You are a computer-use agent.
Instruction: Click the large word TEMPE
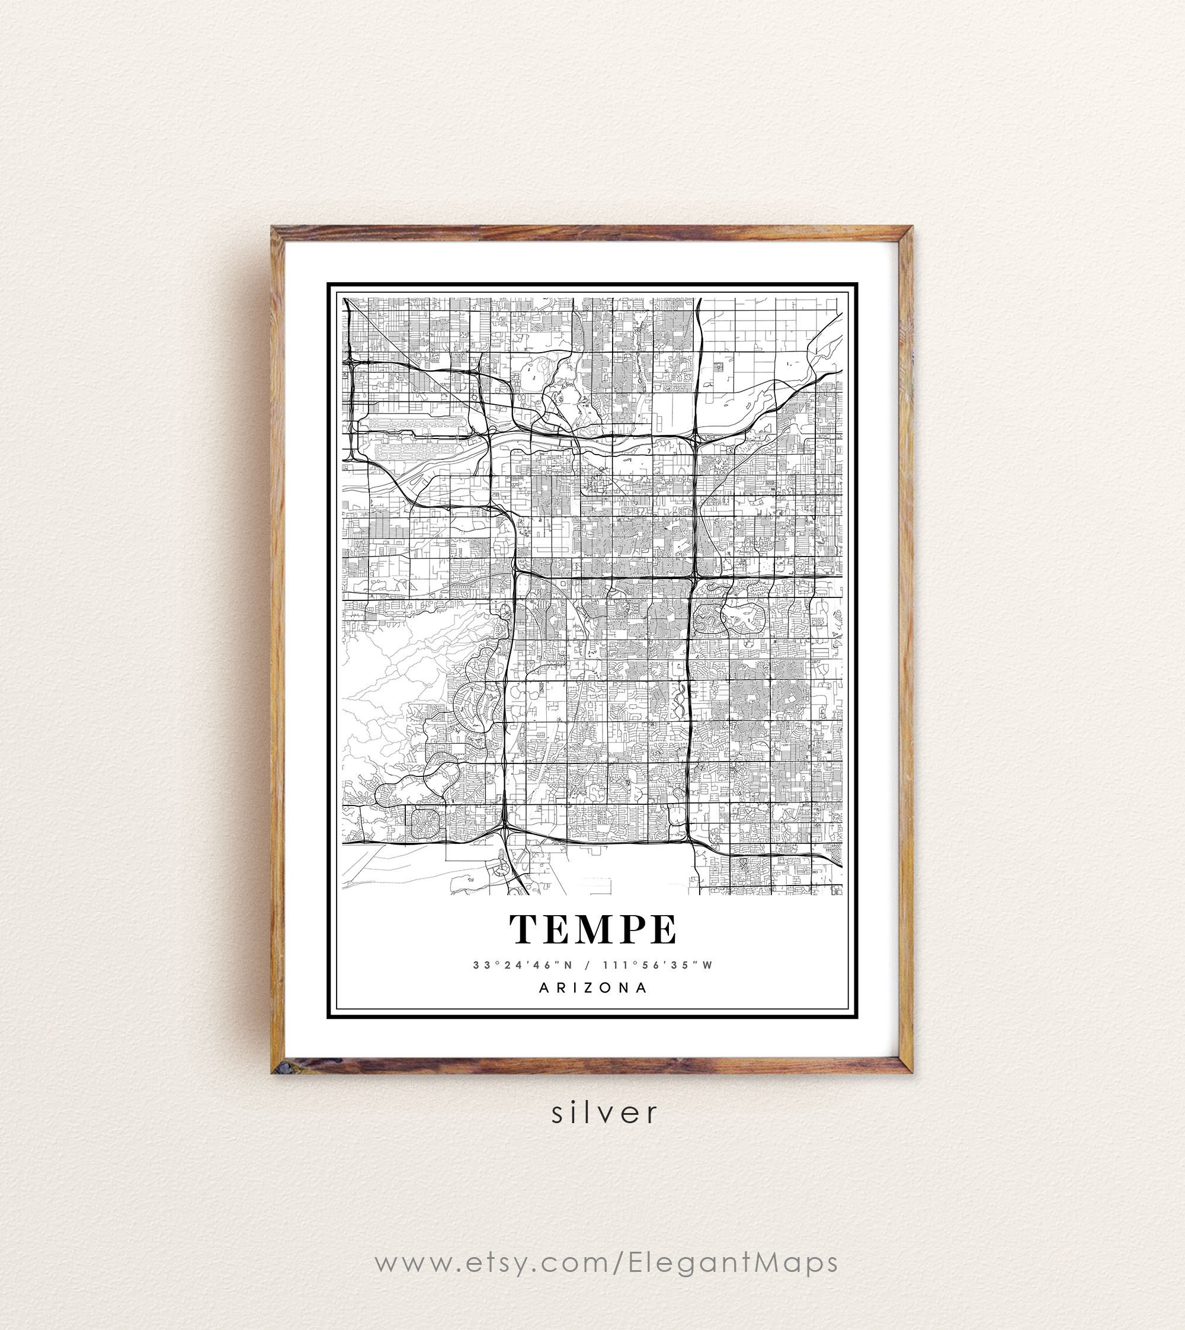[x=592, y=929]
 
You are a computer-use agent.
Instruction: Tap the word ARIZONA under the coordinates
[x=592, y=987]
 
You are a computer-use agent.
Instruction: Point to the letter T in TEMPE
[x=524, y=929]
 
